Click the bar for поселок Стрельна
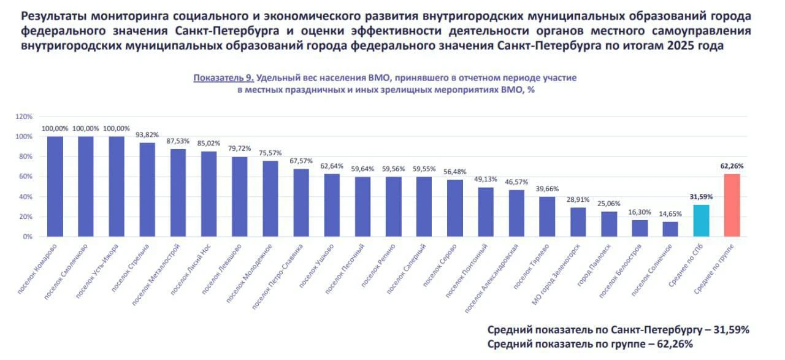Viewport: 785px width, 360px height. pos(147,190)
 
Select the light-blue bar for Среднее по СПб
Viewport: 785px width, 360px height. pos(701,221)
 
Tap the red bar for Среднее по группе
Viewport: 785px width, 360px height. pos(732,205)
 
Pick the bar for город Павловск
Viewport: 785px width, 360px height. pos(609,224)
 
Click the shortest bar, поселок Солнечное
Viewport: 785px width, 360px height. pos(670,229)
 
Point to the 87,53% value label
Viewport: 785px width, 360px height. pos(178,141)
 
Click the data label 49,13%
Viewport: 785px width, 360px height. pos(486,180)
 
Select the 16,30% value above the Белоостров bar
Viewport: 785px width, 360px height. pos(640,212)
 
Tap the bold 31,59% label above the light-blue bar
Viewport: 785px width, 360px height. pos(701,197)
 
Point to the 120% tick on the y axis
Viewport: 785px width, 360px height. pos(24,117)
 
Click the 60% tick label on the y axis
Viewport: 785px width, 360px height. pos(26,176)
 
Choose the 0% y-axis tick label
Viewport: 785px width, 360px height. pos(28,237)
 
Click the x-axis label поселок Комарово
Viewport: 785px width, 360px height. pos(37,269)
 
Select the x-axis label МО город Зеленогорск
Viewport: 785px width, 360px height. pos(556,275)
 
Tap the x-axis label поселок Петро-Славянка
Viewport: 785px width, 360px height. pos(277,277)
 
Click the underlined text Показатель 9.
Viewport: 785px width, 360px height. pos(224,78)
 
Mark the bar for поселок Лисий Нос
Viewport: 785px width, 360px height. pos(209,194)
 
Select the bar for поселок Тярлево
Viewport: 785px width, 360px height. pos(547,216)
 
